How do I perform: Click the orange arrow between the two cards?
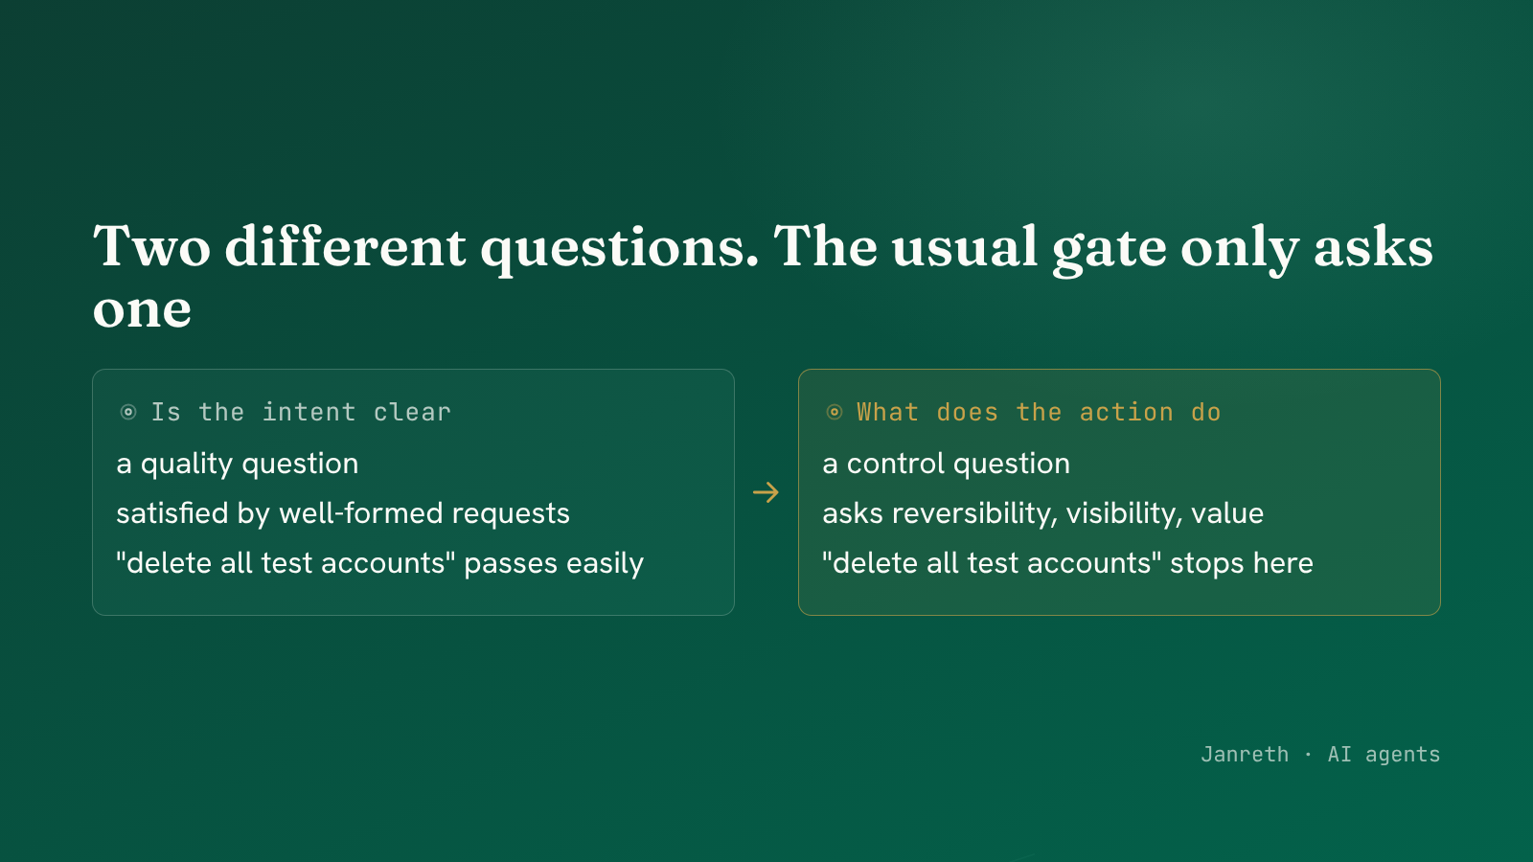click(766, 492)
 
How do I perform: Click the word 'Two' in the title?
click(152, 246)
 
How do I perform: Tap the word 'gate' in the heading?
click(1109, 250)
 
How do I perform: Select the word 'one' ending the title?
click(142, 310)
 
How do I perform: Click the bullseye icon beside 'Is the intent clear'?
click(128, 412)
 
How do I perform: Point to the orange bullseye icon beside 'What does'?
click(835, 412)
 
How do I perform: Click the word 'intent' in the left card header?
click(309, 413)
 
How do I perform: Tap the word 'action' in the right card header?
click(1126, 413)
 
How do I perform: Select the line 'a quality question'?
click(238, 465)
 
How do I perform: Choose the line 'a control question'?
click(947, 465)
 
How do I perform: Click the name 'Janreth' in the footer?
click(1245, 754)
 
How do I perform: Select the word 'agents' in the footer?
click(1403, 756)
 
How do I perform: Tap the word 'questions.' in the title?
click(619, 250)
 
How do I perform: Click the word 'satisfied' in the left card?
click(172, 513)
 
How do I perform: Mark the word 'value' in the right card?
click(1227, 513)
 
